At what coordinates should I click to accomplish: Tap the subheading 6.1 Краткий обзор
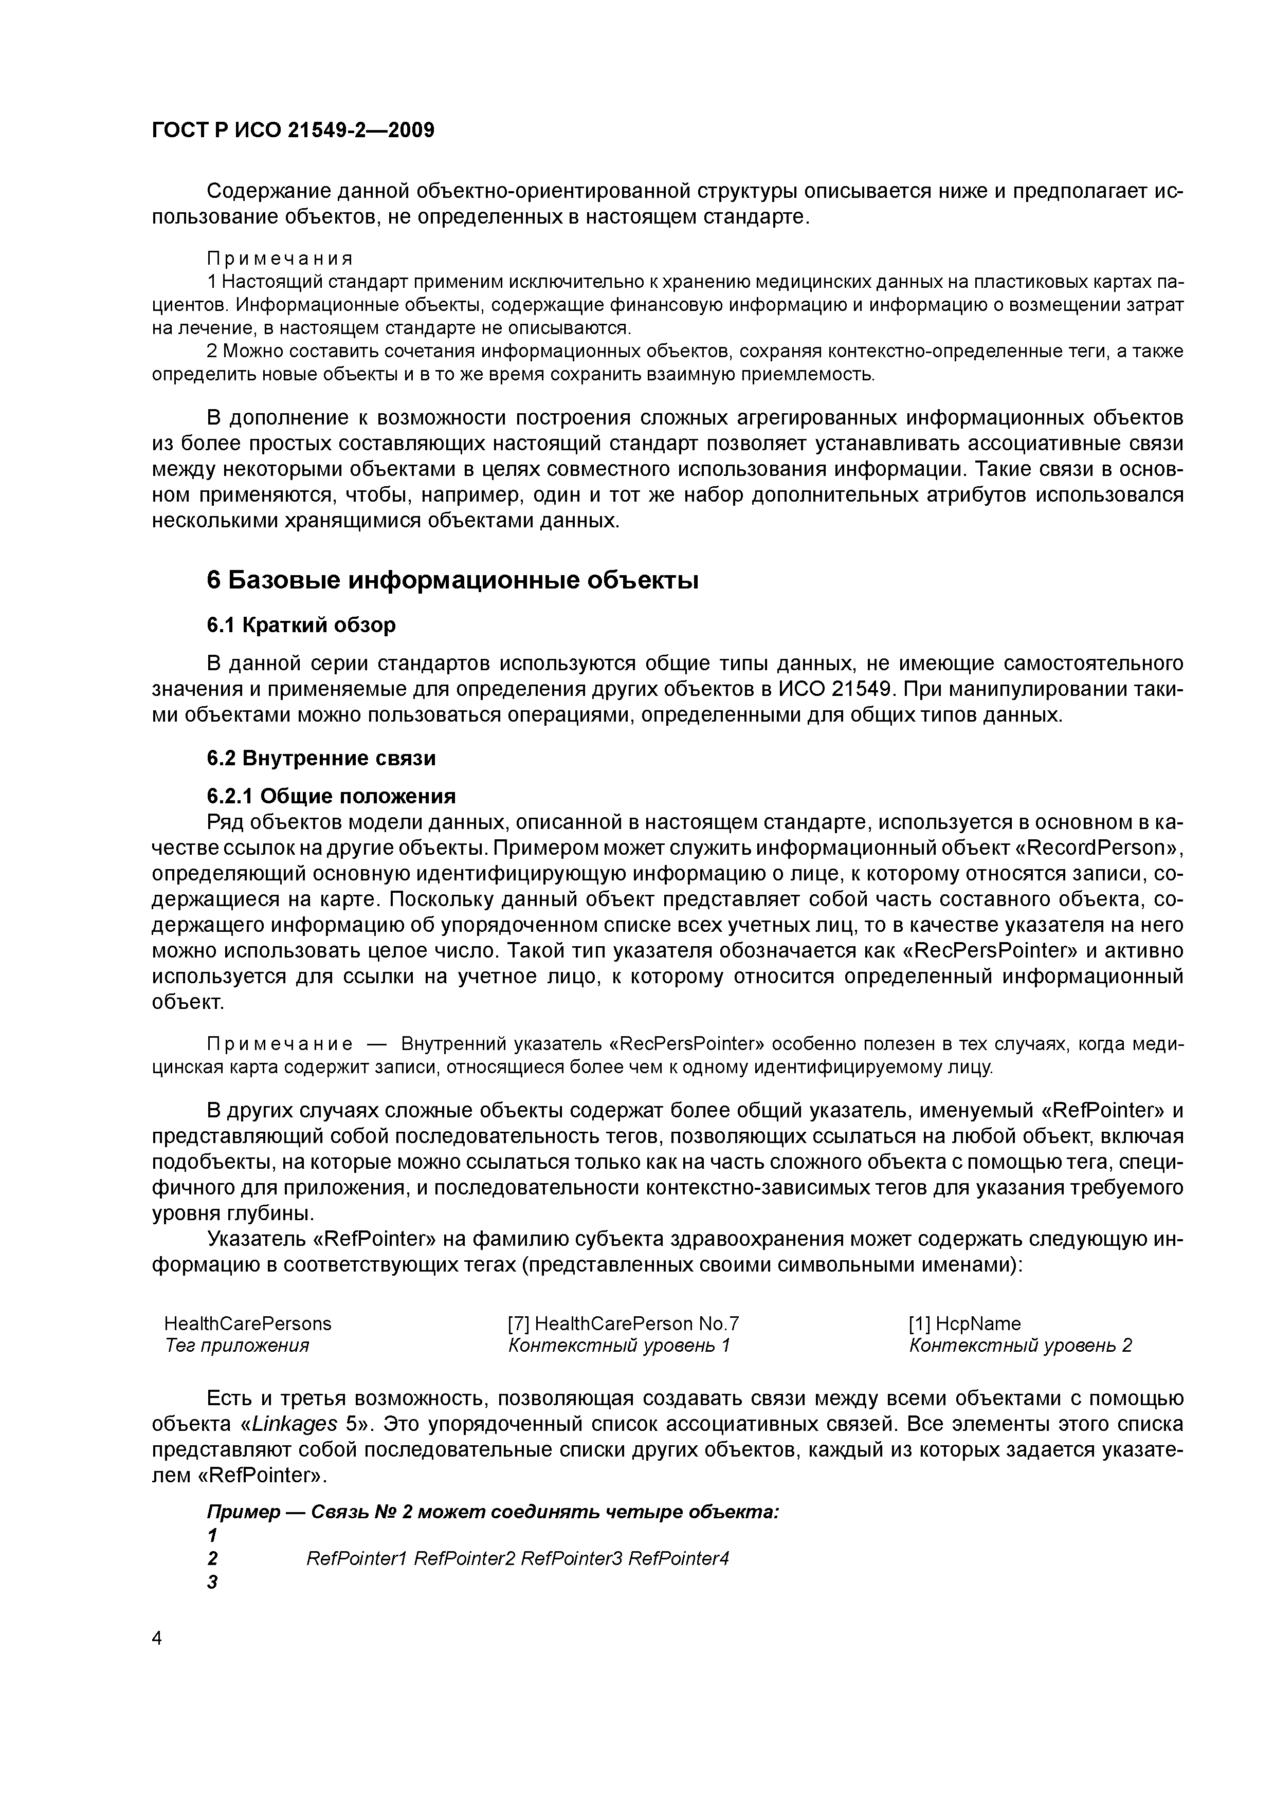(301, 624)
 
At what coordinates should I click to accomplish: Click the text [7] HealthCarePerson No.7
(624, 1323)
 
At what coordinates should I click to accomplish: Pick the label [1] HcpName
(964, 1323)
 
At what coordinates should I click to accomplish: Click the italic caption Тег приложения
(236, 1345)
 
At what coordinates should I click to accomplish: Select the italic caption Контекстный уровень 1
(619, 1345)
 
